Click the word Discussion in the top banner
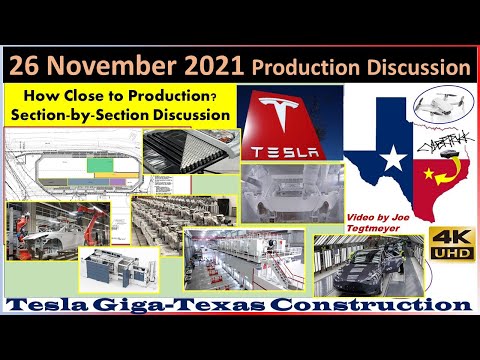[x=414, y=68]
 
